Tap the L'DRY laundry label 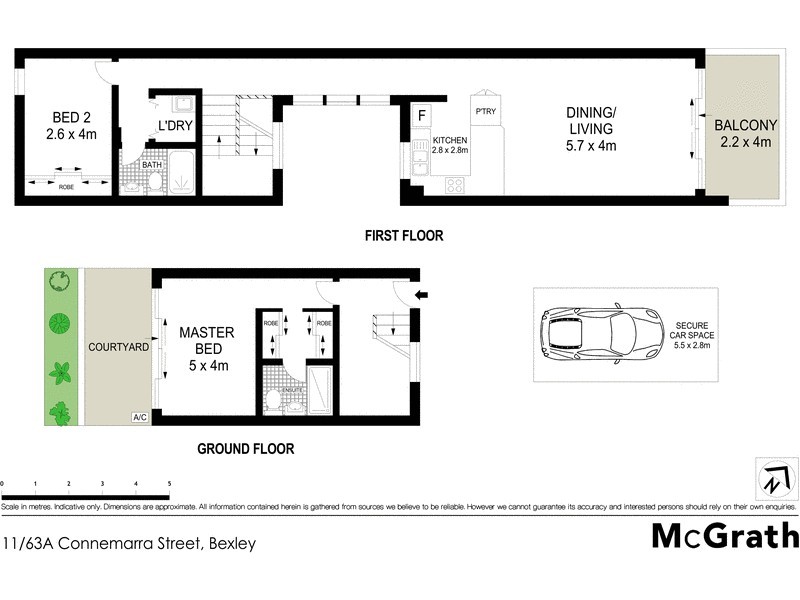(174, 127)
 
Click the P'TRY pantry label (486, 111)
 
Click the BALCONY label (744, 134)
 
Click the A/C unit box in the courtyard (139, 417)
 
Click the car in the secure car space (600, 332)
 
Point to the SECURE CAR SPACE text (691, 334)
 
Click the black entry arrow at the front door (423, 295)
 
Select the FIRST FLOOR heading (403, 237)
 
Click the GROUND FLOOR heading (245, 449)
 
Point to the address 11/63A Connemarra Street (129, 544)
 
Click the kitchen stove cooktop (454, 185)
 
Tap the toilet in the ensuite (273, 400)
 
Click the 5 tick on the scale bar (169, 484)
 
